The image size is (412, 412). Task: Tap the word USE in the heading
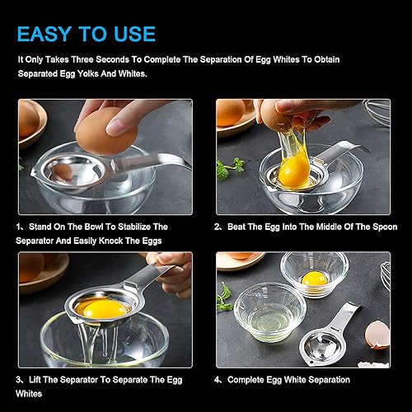pyautogui.click(x=134, y=34)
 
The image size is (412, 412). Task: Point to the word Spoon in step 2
pyautogui.click(x=385, y=227)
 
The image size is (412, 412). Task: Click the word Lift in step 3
pyautogui.click(x=35, y=380)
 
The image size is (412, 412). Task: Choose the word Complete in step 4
pyautogui.click(x=246, y=380)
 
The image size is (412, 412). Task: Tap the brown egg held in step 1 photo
pyautogui.click(x=106, y=131)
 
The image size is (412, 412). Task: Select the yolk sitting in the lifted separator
pyautogui.click(x=102, y=308)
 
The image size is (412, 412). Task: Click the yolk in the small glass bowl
pyautogui.click(x=315, y=279)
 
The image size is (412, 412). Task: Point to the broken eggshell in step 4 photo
pyautogui.click(x=377, y=335)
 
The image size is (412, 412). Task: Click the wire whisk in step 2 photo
pyautogui.click(x=377, y=110)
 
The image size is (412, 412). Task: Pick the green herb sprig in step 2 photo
pyautogui.click(x=230, y=169)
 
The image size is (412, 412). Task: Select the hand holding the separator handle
pyautogui.click(x=171, y=274)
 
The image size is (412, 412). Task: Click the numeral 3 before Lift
pyautogui.click(x=19, y=380)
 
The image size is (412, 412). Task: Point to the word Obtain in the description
pyautogui.click(x=327, y=59)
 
